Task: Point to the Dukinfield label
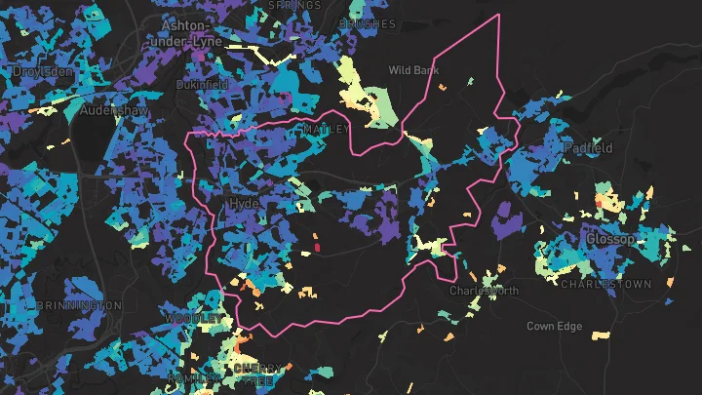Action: click(x=202, y=85)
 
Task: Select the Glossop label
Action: click(x=610, y=239)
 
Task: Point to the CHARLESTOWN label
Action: click(x=605, y=284)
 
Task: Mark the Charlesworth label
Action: click(x=485, y=291)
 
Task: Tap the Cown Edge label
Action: click(x=553, y=326)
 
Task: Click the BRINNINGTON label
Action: click(x=79, y=305)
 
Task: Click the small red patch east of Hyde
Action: click(x=317, y=249)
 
